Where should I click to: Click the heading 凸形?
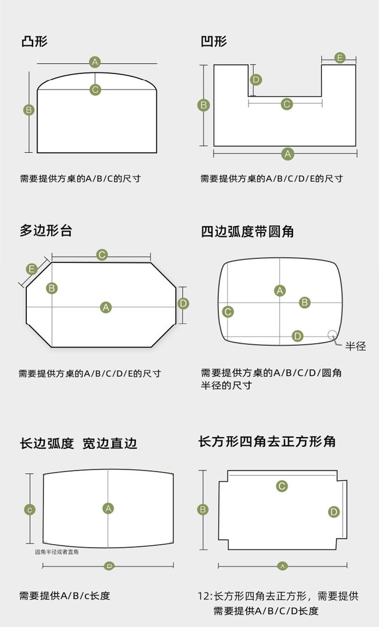point(34,41)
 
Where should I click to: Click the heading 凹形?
point(213,41)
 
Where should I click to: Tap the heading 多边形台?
point(46,231)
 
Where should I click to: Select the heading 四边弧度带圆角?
point(247,232)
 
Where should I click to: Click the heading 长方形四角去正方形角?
point(267,441)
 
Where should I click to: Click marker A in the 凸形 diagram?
point(95,62)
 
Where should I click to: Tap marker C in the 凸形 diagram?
point(95,89)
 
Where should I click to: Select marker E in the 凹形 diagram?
point(339,58)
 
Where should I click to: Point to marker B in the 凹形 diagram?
point(204,105)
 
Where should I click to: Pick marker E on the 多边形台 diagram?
point(32,269)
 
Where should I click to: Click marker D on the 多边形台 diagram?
point(183,303)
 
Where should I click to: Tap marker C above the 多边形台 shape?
point(102,255)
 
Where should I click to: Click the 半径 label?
point(355,346)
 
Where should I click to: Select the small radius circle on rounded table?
point(332,335)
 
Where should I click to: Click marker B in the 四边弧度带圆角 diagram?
point(305,302)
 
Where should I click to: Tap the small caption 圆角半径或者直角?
point(57,552)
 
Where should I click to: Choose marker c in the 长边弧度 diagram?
point(30,510)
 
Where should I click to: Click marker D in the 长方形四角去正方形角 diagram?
point(334,512)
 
